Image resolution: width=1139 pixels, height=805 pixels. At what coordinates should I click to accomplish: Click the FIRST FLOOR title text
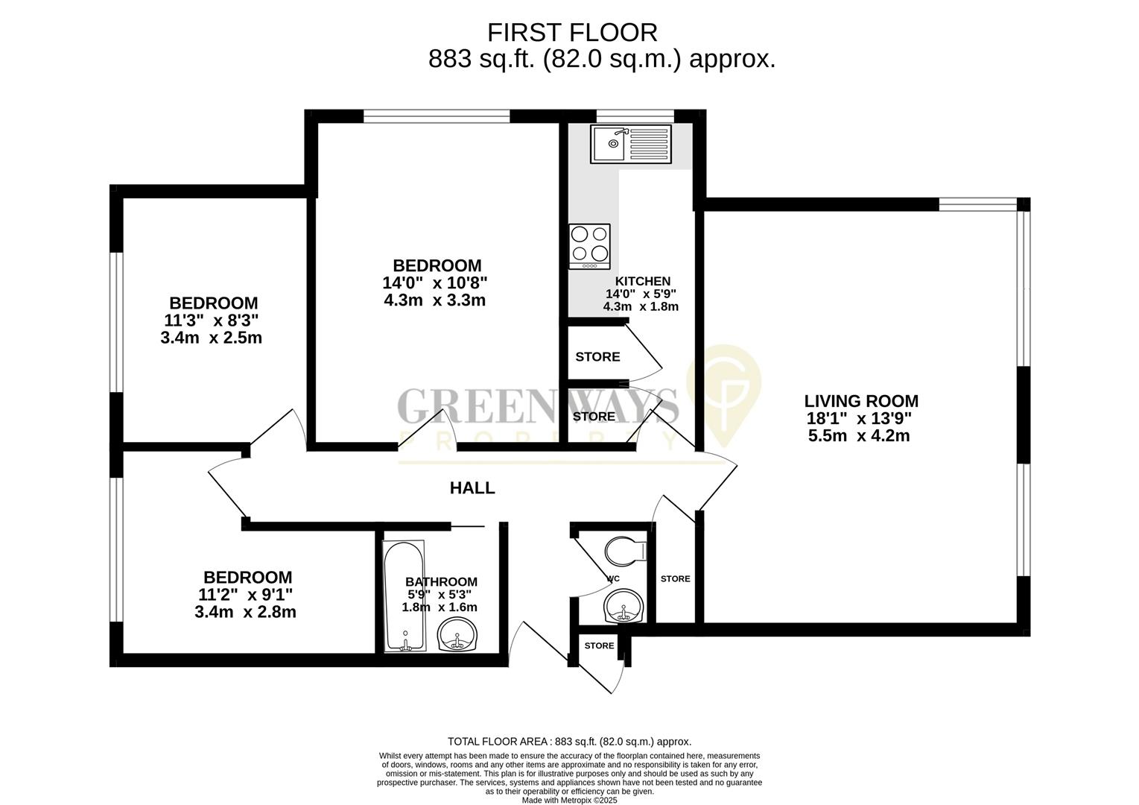[x=571, y=33]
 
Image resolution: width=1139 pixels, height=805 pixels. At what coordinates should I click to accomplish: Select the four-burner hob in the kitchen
[x=589, y=246]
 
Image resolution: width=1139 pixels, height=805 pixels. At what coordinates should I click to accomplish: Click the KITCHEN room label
[x=642, y=281]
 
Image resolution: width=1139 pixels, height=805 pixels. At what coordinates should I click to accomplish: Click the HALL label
[x=472, y=488]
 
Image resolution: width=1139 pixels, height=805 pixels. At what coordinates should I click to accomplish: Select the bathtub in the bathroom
[x=404, y=596]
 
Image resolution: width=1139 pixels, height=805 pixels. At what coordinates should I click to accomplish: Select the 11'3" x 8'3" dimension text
[x=212, y=321]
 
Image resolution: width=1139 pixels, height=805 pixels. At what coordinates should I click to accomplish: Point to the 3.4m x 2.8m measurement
[x=245, y=613]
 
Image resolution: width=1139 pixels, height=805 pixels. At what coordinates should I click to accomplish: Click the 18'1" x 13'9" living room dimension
[x=859, y=419]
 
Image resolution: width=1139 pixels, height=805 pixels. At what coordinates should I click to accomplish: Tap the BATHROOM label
[x=441, y=582]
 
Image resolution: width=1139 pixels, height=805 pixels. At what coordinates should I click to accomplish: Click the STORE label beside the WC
[x=675, y=579]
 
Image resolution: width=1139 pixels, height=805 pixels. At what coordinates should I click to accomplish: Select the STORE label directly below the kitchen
[x=597, y=357]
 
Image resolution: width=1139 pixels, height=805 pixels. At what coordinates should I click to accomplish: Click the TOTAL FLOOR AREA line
[x=569, y=742]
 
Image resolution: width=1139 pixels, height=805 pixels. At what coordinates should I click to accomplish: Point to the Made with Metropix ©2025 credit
[x=569, y=801]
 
